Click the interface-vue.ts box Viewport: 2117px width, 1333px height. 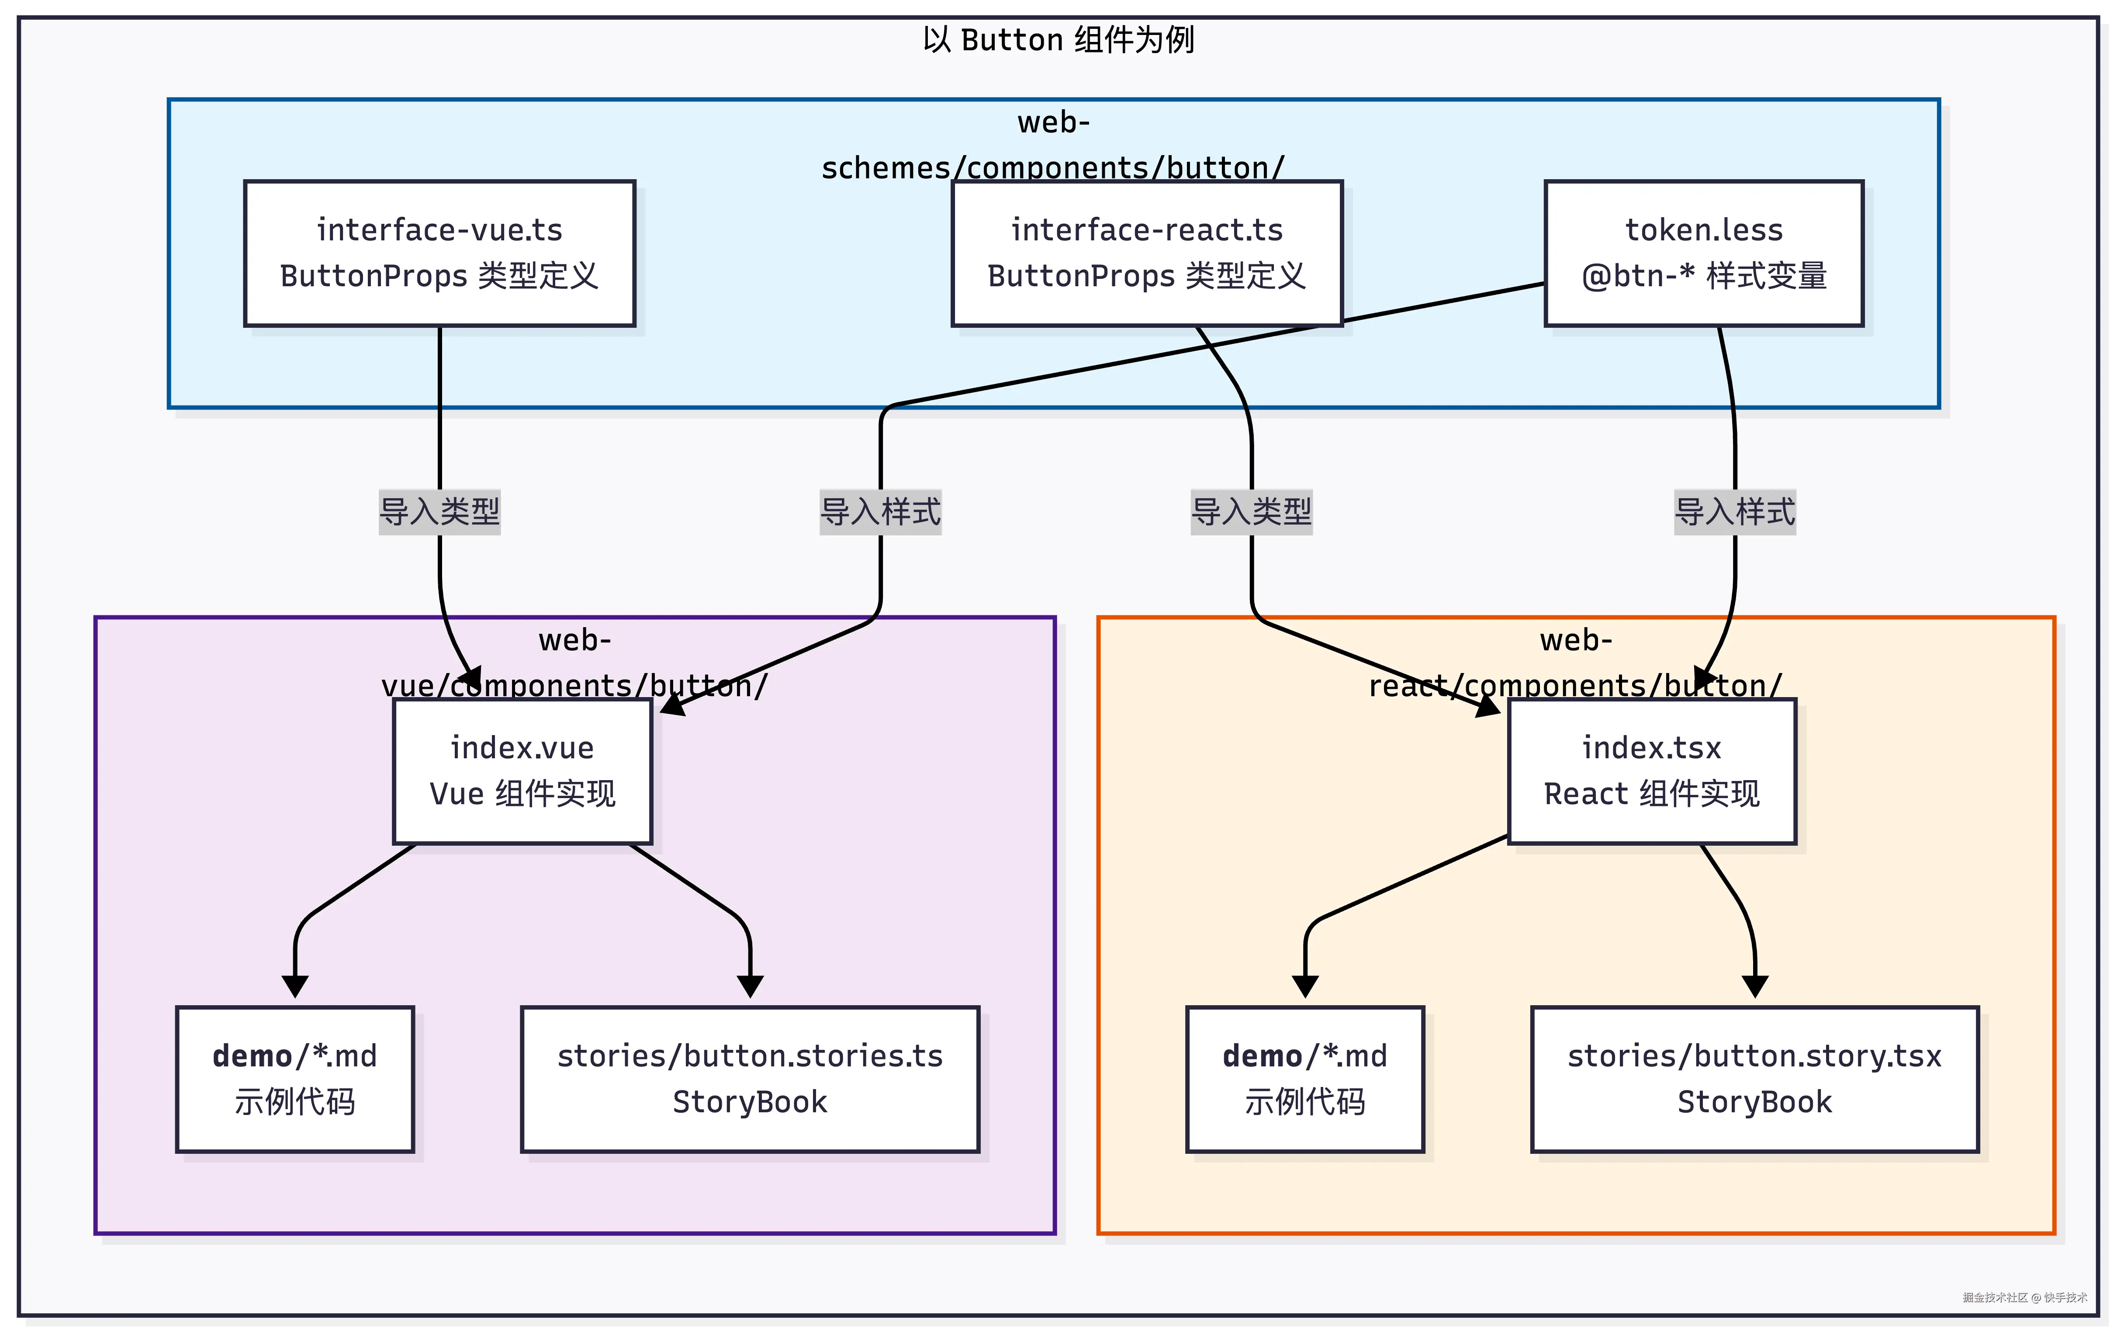(x=439, y=253)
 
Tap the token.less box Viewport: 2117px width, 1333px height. (x=1704, y=253)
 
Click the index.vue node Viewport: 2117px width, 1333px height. (x=522, y=771)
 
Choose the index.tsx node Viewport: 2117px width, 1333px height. (x=1652, y=771)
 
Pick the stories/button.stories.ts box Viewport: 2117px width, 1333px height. (x=750, y=1079)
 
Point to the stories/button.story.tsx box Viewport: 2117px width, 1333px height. (x=1755, y=1079)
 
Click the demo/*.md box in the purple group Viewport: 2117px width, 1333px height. (x=294, y=1079)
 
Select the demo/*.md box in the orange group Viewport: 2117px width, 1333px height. (x=1304, y=1079)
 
